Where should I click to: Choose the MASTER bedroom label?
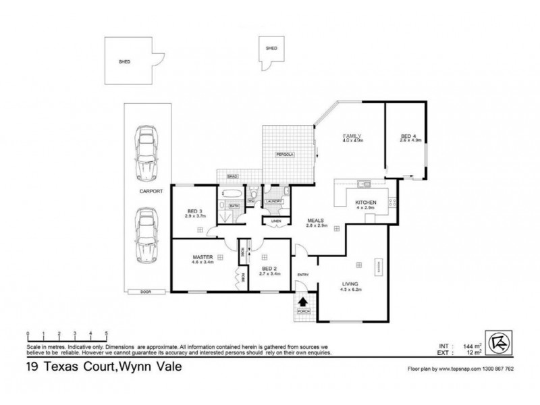tap(203, 257)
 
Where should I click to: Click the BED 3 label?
tap(194, 213)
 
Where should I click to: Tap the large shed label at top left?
tap(124, 61)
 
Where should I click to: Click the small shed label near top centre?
tap(271, 49)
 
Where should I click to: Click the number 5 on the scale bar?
tap(107, 334)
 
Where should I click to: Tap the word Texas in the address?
tap(61, 369)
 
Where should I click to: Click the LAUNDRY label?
tap(273, 201)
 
